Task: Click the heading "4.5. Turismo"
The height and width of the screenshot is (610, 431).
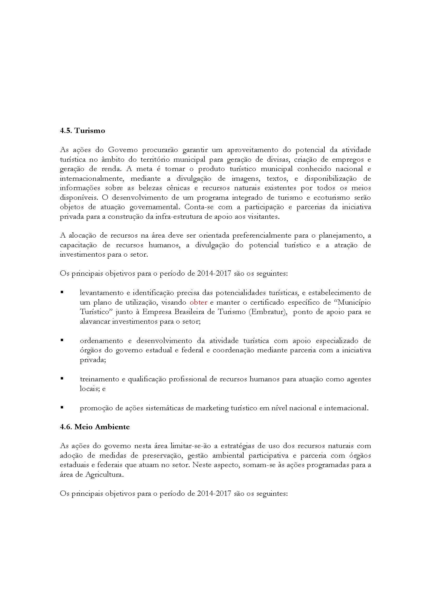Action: [82, 131]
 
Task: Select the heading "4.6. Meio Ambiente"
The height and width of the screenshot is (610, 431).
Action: [95, 427]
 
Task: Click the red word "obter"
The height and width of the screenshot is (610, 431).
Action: [198, 302]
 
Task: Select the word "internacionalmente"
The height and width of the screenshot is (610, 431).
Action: [92, 179]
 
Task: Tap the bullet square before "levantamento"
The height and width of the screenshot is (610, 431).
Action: [62, 292]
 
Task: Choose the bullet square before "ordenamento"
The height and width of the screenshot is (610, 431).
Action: [62, 340]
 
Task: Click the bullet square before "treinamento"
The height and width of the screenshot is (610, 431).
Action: [62, 379]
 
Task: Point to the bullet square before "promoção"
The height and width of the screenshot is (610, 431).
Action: [62, 407]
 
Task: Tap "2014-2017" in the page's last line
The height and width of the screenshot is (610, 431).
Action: [214, 494]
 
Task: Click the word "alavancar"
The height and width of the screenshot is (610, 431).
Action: [95, 322]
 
